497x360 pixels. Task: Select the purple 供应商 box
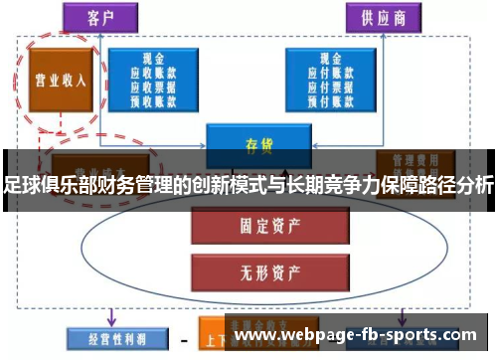coord(381,16)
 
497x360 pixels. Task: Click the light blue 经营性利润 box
coord(107,338)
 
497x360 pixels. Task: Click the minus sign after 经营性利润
coord(184,338)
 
